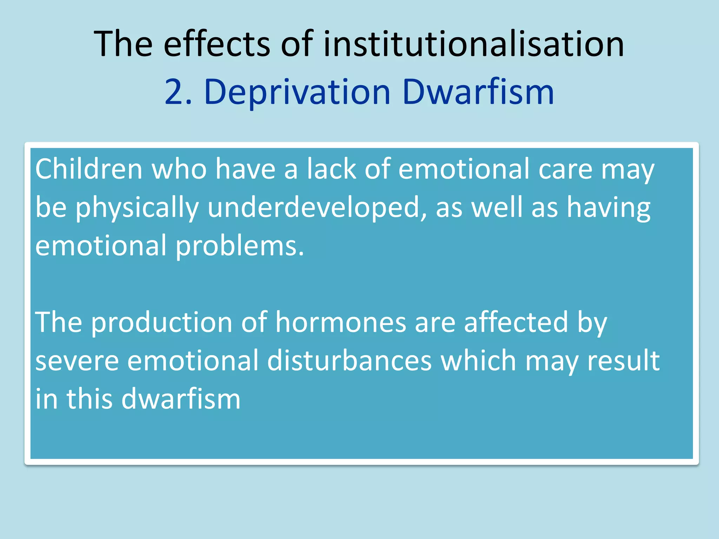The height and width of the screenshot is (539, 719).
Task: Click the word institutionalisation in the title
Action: click(473, 44)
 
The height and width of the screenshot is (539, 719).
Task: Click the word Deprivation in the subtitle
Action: click(297, 92)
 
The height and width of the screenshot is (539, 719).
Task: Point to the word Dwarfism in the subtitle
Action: click(478, 92)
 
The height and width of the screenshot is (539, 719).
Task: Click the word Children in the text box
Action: click(89, 169)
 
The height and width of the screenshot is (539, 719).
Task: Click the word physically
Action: click(137, 208)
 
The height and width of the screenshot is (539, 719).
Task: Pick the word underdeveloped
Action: click(317, 208)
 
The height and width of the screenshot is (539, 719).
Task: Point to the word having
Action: click(609, 208)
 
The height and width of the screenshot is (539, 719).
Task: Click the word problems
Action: click(239, 246)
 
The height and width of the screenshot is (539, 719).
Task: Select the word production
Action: click(162, 322)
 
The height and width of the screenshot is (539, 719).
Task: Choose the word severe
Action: click(77, 361)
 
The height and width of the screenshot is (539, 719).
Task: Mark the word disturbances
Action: click(349, 361)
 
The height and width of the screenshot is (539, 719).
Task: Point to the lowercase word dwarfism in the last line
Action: click(181, 399)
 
